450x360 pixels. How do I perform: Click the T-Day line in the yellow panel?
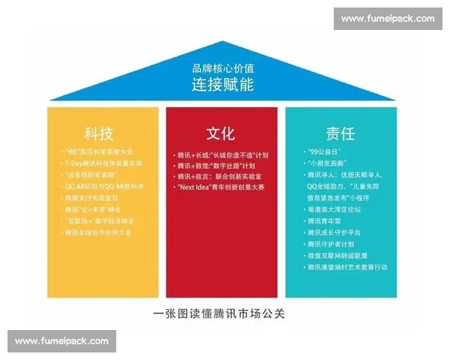[103, 163]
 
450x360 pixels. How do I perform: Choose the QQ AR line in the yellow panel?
[104, 186]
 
